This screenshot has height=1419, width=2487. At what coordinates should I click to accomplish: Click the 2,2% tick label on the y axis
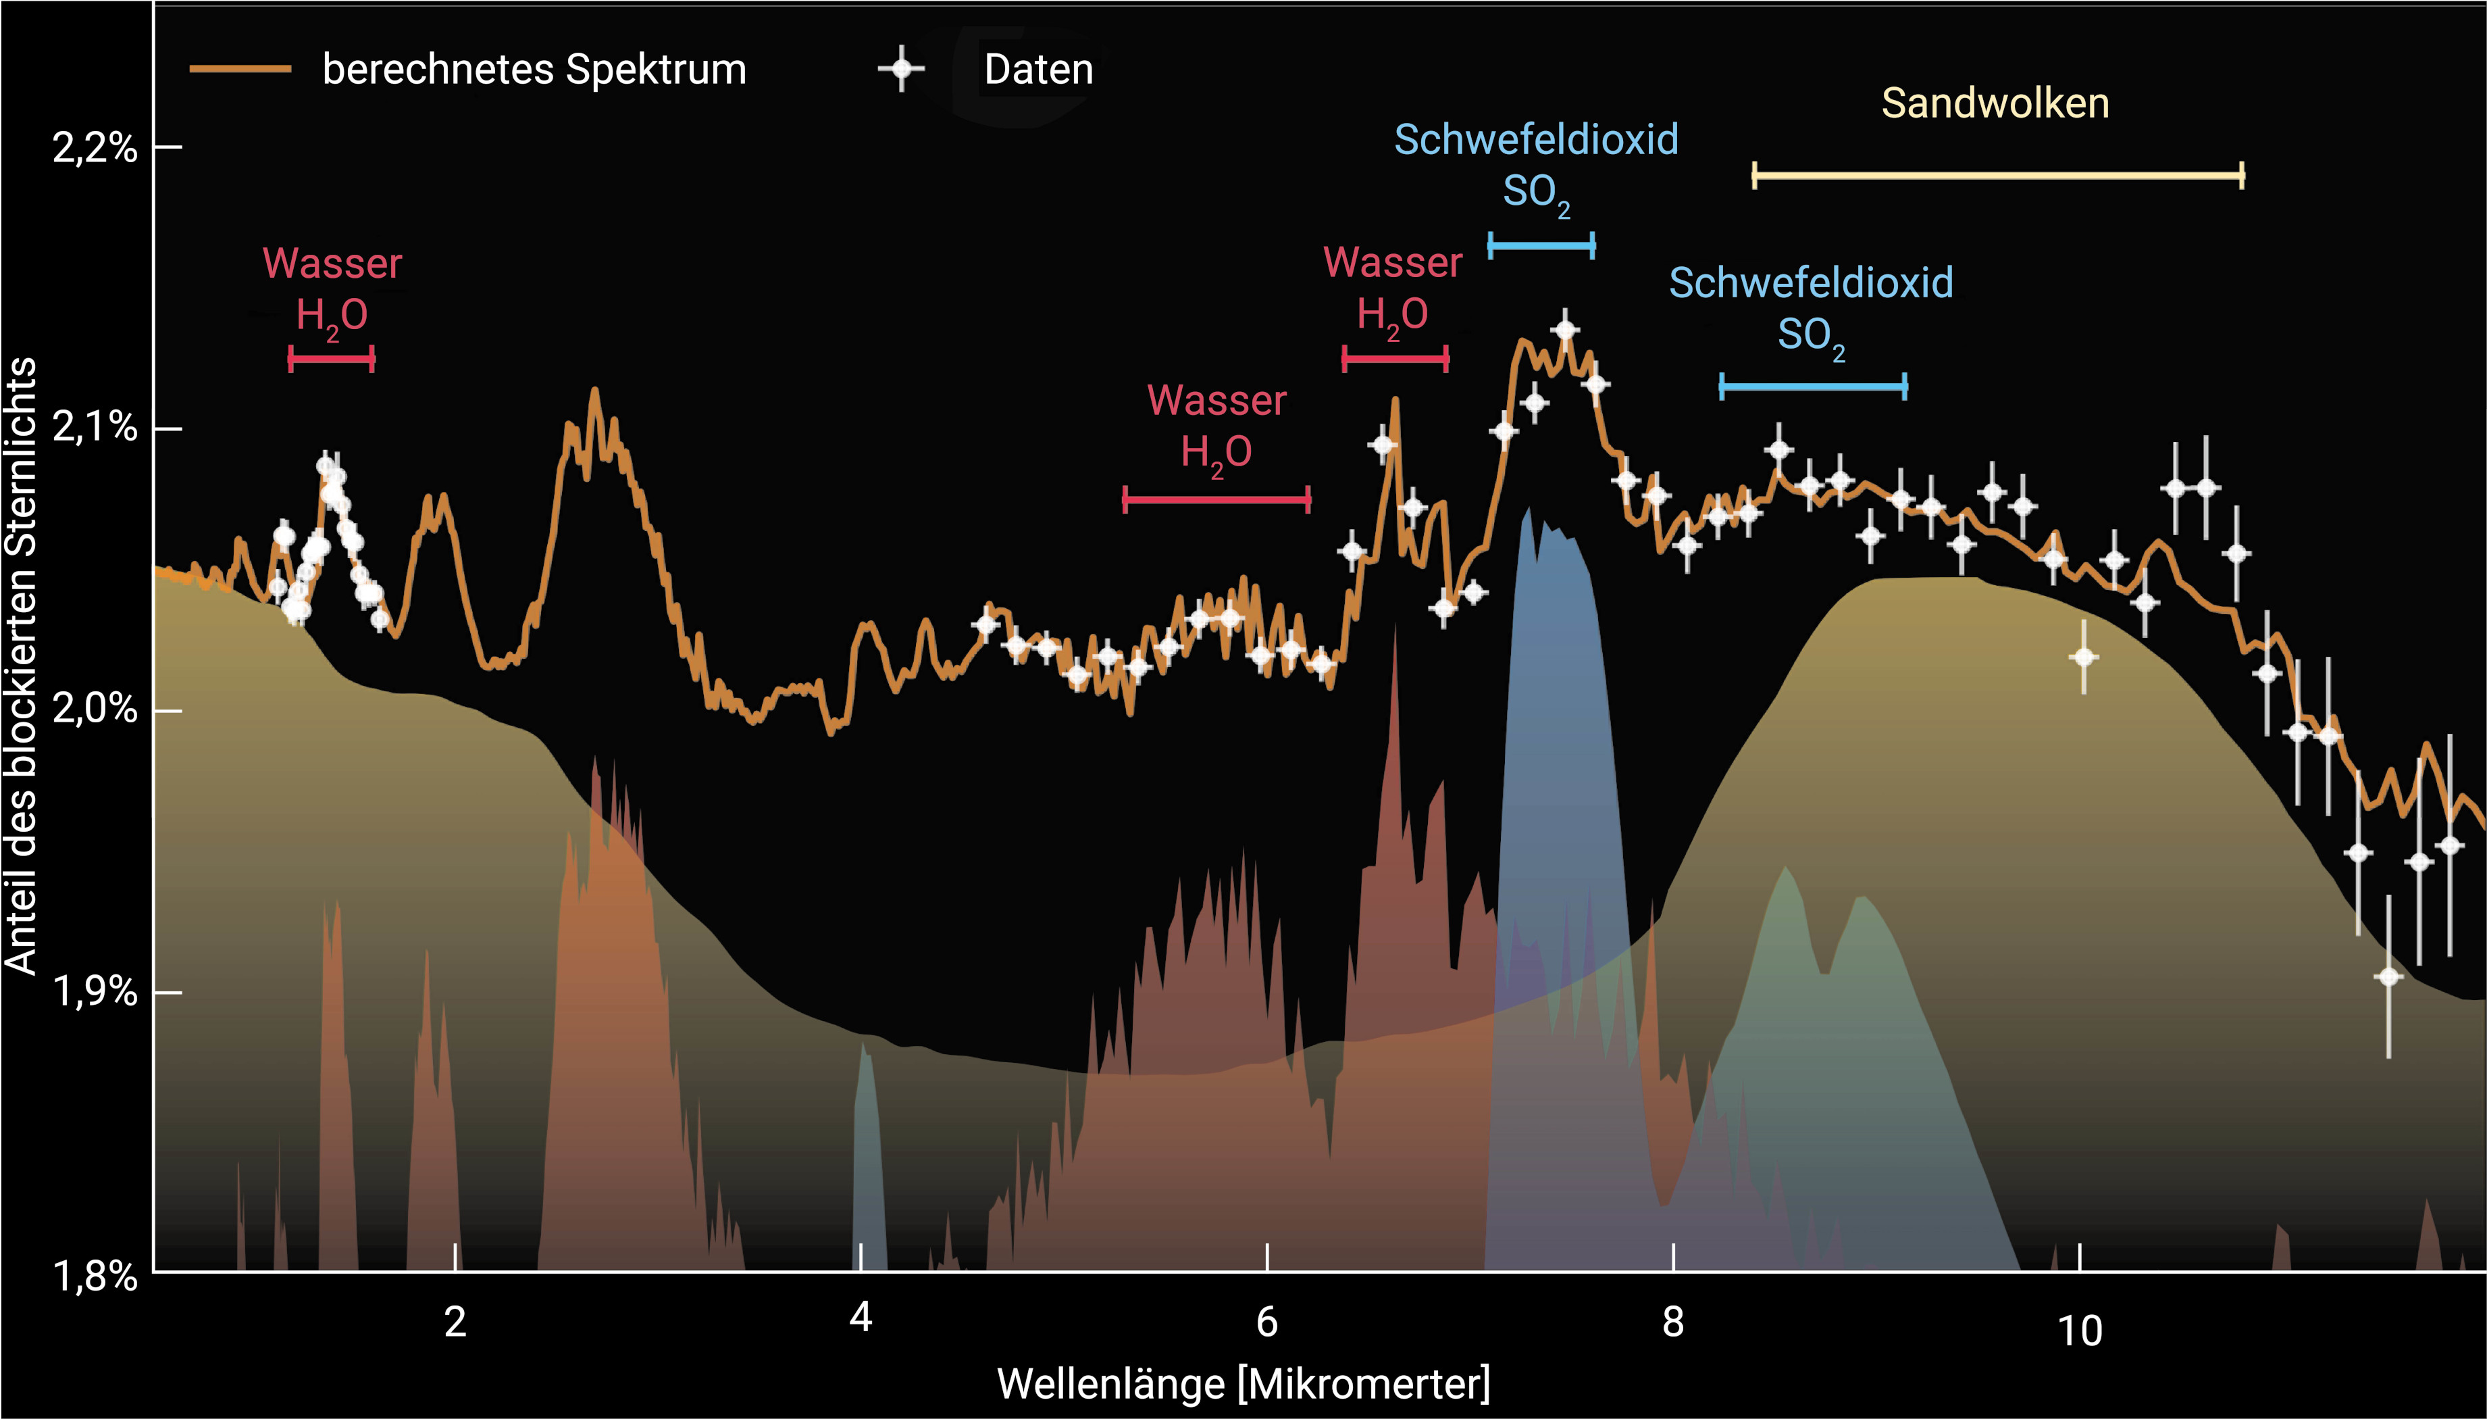click(95, 148)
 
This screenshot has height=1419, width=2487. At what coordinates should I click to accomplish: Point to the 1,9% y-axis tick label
click(95, 992)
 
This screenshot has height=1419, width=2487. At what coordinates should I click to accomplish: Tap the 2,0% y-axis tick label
click(95, 709)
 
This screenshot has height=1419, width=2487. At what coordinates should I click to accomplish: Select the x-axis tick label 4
click(860, 1318)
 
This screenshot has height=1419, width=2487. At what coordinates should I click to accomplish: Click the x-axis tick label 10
click(2079, 1331)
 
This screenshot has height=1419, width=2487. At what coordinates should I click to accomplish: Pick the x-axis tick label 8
click(1672, 1322)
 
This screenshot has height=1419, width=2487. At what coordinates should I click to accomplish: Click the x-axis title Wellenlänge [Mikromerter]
click(1243, 1384)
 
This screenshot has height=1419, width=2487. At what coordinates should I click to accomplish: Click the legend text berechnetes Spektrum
click(534, 69)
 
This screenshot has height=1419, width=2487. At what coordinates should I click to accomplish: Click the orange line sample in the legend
click(240, 69)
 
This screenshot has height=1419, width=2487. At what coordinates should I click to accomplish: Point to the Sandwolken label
click(1995, 103)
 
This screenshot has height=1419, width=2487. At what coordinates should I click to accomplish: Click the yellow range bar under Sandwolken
click(1997, 176)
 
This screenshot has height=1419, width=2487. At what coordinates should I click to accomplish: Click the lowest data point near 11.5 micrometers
click(2388, 976)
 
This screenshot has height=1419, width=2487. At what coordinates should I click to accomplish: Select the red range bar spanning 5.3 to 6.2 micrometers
click(1216, 500)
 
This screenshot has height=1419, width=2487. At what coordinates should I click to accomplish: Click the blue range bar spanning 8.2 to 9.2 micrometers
click(1813, 387)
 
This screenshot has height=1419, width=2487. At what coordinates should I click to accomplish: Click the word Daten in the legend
click(1038, 69)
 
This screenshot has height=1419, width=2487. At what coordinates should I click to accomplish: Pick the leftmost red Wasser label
click(332, 263)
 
